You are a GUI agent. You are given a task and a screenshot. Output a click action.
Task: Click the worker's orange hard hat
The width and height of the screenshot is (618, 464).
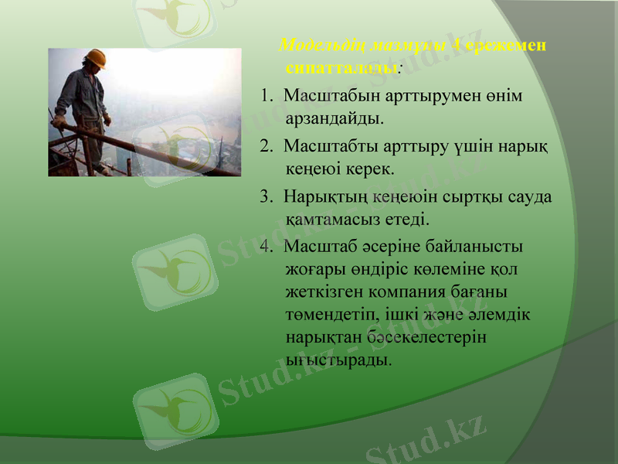click(x=96, y=59)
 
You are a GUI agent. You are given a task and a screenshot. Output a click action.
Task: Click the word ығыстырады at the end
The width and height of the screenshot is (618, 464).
click(x=337, y=361)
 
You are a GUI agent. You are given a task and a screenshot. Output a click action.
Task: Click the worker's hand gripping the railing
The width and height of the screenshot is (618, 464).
click(x=59, y=121)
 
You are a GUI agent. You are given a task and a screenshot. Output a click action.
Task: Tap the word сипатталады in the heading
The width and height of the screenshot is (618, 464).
click(x=341, y=67)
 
